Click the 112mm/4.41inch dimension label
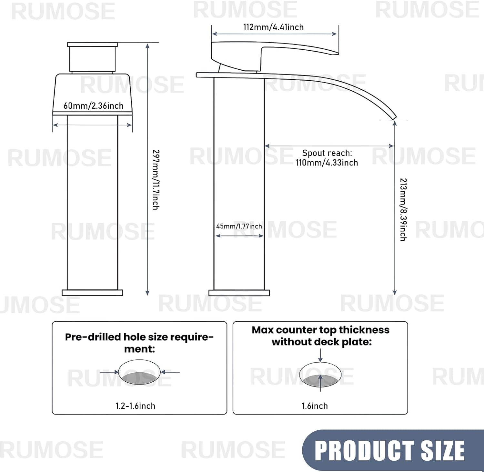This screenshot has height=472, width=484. point(273,27)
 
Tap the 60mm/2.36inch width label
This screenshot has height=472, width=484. point(93,106)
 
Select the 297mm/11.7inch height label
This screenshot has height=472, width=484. point(156,179)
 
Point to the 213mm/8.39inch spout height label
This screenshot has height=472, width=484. point(403,209)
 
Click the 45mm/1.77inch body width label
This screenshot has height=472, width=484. point(239,226)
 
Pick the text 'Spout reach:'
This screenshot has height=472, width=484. point(327,153)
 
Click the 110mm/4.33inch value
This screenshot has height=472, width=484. point(327,163)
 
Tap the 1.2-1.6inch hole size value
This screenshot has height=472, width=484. point(135,406)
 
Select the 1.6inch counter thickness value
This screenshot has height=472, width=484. point(315,406)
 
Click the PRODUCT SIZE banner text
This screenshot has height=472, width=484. point(389,451)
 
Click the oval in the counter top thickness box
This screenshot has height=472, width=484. point(320,375)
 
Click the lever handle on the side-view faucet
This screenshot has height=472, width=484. point(274,52)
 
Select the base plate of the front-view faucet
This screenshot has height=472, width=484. point(92,293)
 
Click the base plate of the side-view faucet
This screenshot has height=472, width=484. point(239,293)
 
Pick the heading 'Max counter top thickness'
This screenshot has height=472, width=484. point(320,330)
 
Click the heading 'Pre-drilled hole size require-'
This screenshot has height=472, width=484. point(139,337)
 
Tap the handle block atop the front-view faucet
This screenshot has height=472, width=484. point(92,58)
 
